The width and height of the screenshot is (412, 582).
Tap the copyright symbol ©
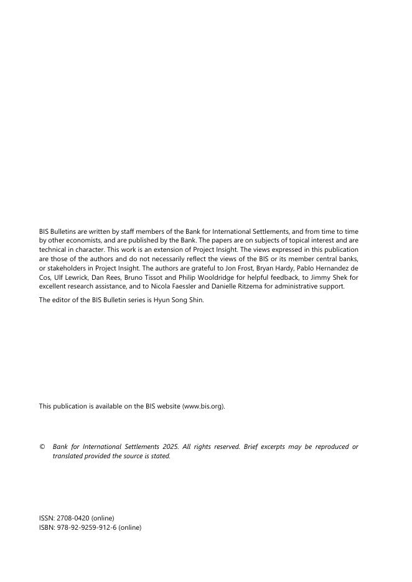42,447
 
